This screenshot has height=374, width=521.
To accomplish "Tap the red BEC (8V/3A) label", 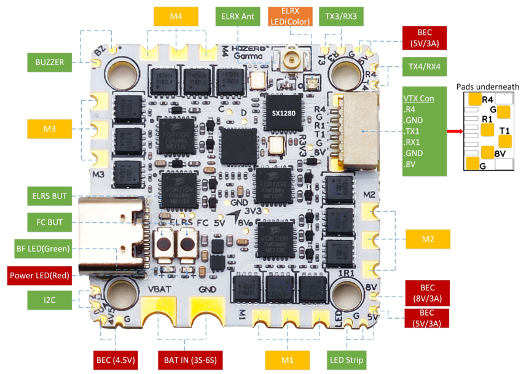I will pos(427,294).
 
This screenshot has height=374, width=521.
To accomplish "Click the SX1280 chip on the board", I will pos(284,113).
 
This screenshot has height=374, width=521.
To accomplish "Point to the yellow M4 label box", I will pos(176,17).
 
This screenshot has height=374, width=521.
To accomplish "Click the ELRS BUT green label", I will pos(49,197).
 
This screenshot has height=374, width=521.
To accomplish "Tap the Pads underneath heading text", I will pos(488,87).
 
